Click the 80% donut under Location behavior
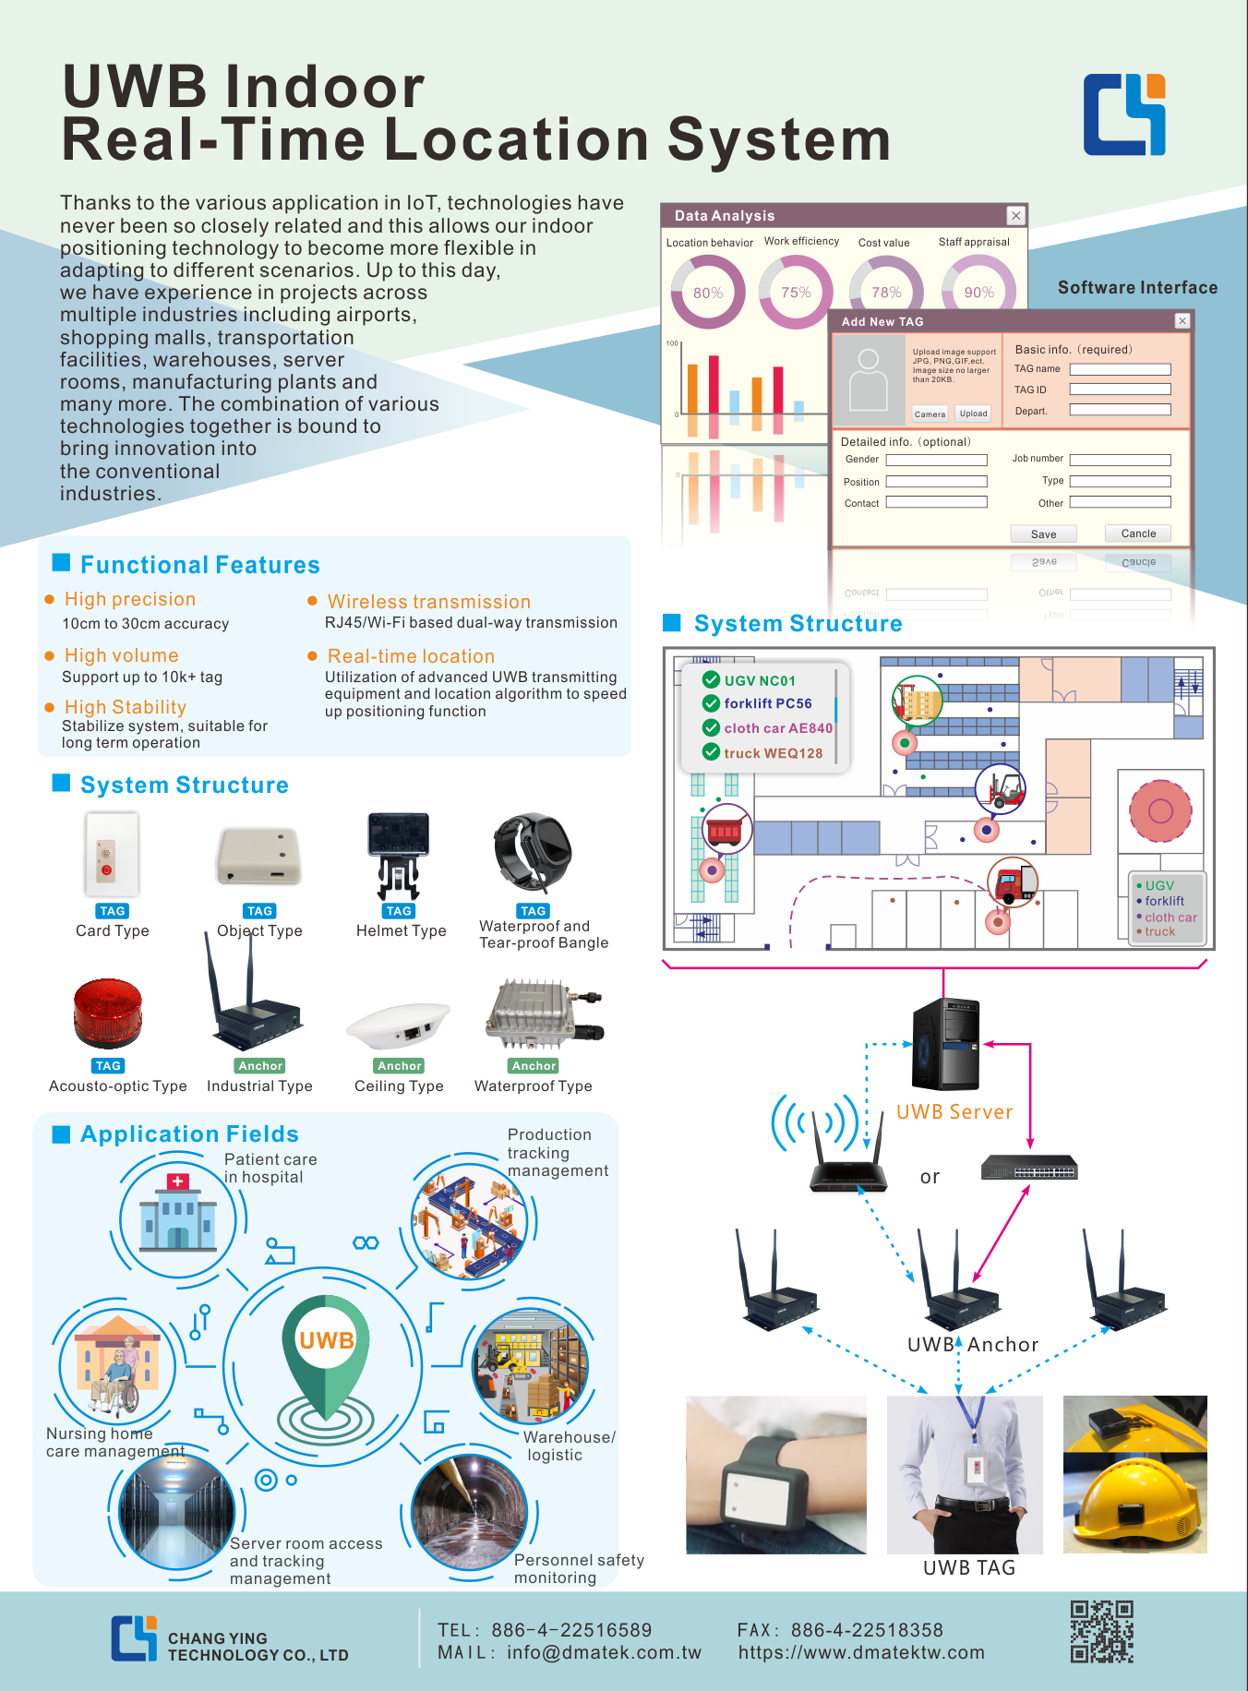click(x=708, y=293)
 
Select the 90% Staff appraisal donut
click(x=978, y=293)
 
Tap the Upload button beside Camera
click(x=973, y=414)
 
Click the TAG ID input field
click(x=1120, y=390)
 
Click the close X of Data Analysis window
click(x=1015, y=215)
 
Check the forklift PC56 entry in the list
click(x=766, y=703)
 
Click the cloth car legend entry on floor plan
click(x=1170, y=917)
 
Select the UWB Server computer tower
click(x=945, y=1044)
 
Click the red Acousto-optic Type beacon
click(x=108, y=1012)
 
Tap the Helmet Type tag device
click(x=398, y=853)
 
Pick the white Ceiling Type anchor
click(x=399, y=1025)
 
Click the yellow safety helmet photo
click(x=1134, y=1474)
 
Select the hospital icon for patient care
click(x=177, y=1217)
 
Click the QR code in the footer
click(x=1101, y=1632)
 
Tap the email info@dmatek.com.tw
click(x=604, y=1653)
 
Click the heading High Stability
click(x=126, y=707)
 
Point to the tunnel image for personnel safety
click(x=469, y=1512)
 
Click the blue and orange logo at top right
click(x=1124, y=114)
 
